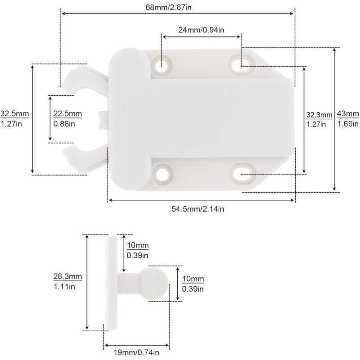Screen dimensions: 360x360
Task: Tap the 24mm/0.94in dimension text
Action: (202, 30)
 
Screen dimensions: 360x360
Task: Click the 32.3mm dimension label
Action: (319, 115)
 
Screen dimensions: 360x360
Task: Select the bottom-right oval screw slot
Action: (243, 173)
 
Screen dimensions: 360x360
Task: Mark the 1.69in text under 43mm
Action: (347, 124)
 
